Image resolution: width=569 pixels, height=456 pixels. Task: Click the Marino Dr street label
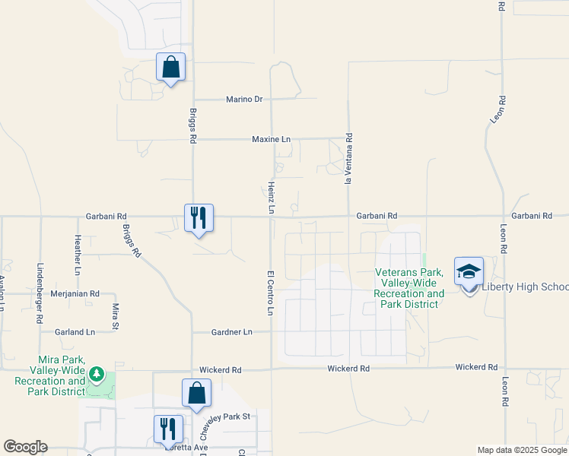point(243,99)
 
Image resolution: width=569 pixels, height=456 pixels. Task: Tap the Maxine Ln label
point(272,140)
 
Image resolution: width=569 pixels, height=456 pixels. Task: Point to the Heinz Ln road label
point(271,197)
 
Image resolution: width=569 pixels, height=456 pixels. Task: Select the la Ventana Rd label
point(349,159)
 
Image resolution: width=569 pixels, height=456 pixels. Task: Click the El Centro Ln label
point(270,293)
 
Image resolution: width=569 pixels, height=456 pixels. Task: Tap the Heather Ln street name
point(78,254)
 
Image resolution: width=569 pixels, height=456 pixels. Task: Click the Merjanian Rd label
point(75,293)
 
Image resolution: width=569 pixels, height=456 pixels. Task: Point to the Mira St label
point(116,312)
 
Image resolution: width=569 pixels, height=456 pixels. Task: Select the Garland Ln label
point(75,332)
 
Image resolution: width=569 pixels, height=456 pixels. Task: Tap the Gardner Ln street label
point(231,332)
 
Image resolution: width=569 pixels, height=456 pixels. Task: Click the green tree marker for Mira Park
point(96,374)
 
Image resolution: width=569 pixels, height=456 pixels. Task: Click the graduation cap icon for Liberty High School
point(469,271)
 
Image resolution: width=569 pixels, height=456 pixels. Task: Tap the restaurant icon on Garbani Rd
point(199,217)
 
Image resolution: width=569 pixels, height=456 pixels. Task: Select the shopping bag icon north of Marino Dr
point(170,66)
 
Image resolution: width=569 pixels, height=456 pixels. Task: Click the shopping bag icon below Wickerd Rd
point(196,393)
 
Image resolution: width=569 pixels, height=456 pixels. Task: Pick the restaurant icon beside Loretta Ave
point(168,429)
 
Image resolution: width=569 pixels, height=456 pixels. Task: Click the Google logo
point(25,447)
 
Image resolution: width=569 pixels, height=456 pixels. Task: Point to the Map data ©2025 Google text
point(521,450)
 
